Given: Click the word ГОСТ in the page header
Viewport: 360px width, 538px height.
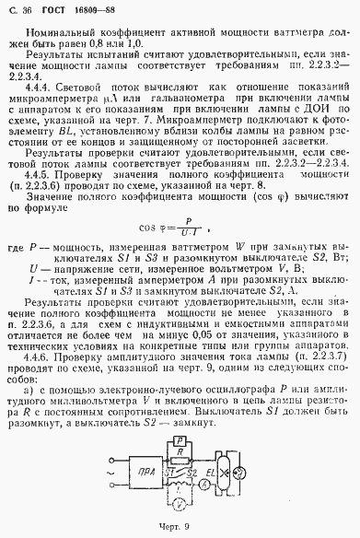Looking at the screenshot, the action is pos(50,10).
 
